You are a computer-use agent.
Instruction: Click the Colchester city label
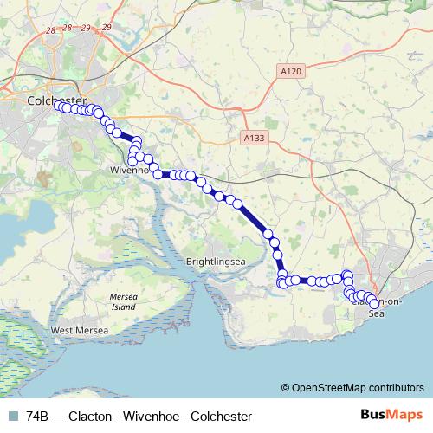(55, 100)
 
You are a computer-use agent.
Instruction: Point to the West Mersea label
(80, 331)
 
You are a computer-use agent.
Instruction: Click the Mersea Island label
(122, 301)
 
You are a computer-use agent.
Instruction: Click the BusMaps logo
(392, 415)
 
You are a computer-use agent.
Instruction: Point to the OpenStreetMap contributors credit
(357, 388)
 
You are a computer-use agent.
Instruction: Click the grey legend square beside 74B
(12, 416)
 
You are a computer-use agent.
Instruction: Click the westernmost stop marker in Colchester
(57, 106)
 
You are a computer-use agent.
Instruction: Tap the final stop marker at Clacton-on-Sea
(374, 304)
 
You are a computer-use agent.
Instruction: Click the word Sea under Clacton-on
(375, 314)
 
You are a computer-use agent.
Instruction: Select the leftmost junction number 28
(53, 30)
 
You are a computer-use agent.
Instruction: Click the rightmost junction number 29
(107, 28)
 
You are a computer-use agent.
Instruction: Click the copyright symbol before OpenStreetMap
(286, 388)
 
